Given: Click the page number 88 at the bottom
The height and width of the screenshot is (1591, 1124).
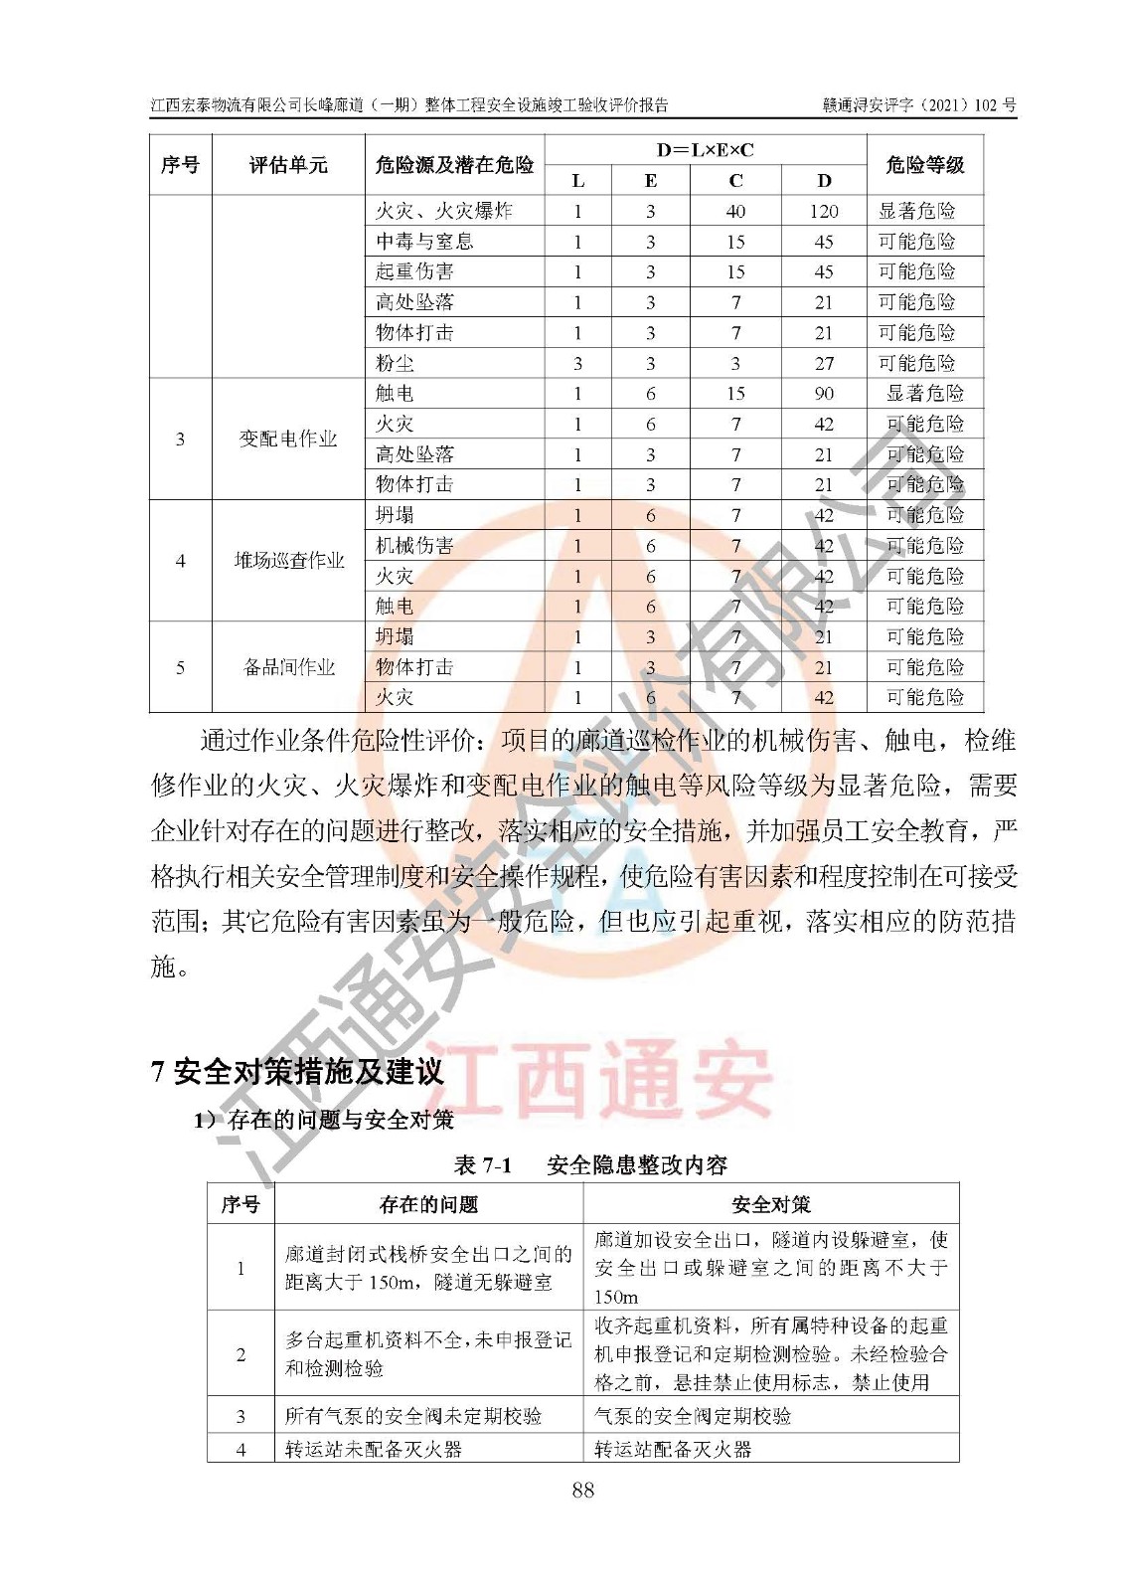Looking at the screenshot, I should (x=582, y=1489).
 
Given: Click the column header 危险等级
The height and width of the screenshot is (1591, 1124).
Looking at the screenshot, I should (x=924, y=165).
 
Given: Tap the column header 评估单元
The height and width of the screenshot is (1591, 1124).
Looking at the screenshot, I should (x=288, y=165).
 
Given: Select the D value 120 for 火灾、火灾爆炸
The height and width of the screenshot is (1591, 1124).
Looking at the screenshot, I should (x=823, y=211).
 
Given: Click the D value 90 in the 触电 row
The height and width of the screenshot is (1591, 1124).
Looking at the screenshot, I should (x=823, y=394).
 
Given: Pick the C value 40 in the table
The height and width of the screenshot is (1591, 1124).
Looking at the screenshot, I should (x=735, y=211).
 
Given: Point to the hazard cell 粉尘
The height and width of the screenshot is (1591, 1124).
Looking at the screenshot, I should (x=395, y=363).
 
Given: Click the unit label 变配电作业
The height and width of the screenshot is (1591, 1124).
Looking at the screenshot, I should (x=288, y=439).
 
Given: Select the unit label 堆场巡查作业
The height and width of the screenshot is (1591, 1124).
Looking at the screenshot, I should (x=288, y=561).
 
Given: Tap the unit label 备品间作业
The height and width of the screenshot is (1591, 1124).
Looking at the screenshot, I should (x=288, y=667).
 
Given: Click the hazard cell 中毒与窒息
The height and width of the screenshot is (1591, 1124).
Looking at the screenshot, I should (x=424, y=242).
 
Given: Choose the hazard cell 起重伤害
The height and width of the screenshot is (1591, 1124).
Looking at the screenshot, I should (x=414, y=271).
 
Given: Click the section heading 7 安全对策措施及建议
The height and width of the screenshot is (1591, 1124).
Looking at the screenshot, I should (x=297, y=1071).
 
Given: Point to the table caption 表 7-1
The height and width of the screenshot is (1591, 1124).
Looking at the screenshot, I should (x=483, y=1164).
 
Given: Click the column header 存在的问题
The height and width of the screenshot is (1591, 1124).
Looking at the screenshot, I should (x=428, y=1204).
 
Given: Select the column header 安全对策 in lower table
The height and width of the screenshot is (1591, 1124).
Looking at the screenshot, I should (x=770, y=1204).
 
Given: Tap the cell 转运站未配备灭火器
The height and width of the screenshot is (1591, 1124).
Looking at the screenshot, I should (x=374, y=1449).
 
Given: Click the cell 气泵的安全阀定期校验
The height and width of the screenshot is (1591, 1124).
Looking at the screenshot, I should (x=693, y=1416).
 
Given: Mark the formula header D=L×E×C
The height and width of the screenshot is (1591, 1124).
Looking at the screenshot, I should (x=705, y=150).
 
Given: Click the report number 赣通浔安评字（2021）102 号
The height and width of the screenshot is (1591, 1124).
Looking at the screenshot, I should (x=918, y=104).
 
